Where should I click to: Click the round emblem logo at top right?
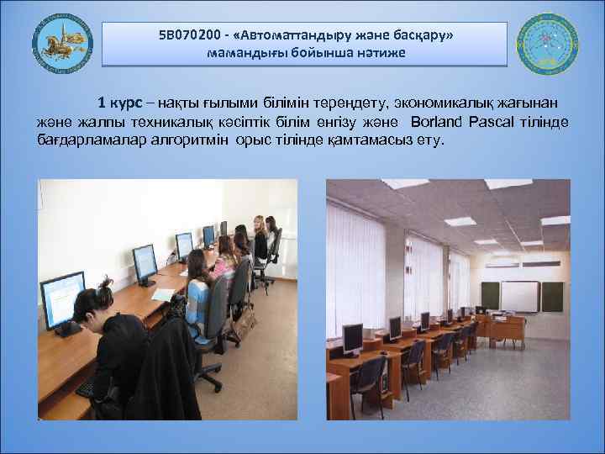click(x=547, y=45)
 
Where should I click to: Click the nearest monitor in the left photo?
click(x=63, y=298)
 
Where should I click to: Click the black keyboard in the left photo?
click(x=87, y=388)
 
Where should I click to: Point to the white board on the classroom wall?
click(x=520, y=295)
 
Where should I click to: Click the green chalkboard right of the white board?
click(x=552, y=295)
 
